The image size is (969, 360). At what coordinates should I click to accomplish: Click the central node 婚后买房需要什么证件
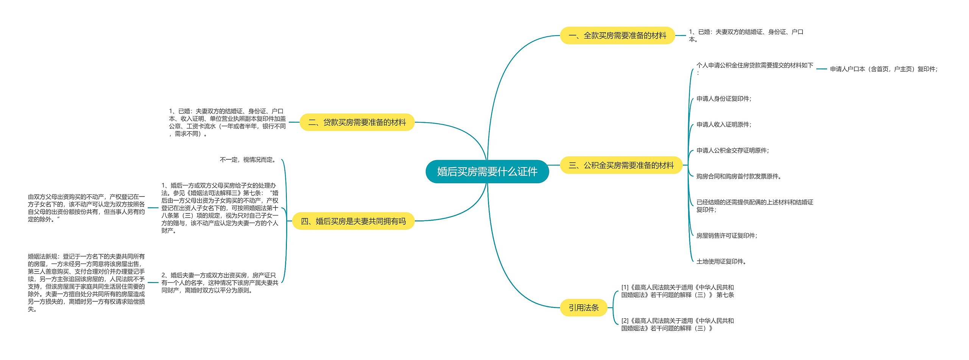[x=487, y=171]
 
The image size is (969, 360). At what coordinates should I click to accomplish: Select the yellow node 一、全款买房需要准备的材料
[x=617, y=36]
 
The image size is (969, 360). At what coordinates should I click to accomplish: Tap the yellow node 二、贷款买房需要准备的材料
[x=357, y=122]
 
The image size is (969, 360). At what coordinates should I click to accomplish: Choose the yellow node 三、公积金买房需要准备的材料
[x=621, y=165]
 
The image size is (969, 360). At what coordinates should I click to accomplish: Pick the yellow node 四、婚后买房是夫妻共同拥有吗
[x=353, y=221]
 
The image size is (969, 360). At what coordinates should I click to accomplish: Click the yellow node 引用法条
[x=584, y=308]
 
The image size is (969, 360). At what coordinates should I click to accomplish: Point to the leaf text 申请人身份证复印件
[x=724, y=99]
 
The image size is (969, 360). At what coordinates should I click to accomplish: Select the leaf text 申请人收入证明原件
[x=724, y=125]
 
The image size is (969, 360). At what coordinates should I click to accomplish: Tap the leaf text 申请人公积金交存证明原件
[x=732, y=151]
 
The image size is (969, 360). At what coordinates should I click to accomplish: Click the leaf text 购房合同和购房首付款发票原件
[x=738, y=176]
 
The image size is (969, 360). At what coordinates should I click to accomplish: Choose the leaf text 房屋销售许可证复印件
[x=727, y=236]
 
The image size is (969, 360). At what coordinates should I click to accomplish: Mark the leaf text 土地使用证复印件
[x=721, y=262]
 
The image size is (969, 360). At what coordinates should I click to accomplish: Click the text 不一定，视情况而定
[x=248, y=160]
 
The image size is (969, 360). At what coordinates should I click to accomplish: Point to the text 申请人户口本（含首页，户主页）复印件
[x=883, y=69]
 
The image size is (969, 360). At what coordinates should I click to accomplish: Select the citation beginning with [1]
[x=678, y=291]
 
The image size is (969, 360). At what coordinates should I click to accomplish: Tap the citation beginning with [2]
[x=678, y=324]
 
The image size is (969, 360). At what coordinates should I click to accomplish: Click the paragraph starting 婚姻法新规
[x=86, y=282]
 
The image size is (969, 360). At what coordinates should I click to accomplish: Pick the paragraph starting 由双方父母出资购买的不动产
[x=86, y=208]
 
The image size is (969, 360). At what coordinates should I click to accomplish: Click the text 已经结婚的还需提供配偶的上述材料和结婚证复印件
[x=755, y=206]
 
